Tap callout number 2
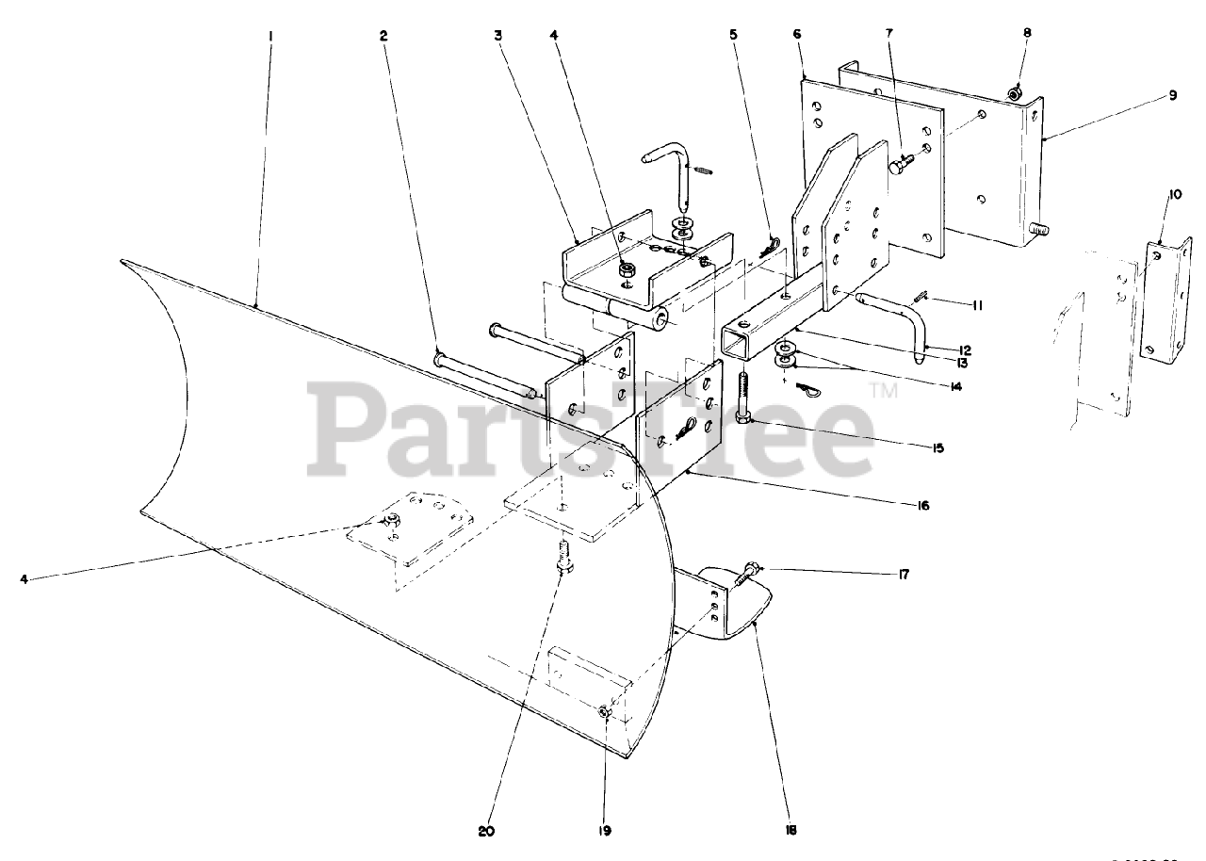point(383,36)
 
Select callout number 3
point(497,36)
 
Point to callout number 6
point(797,34)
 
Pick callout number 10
point(1174,195)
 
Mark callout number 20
point(486,831)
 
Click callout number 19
point(604,831)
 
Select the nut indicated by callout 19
point(605,713)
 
